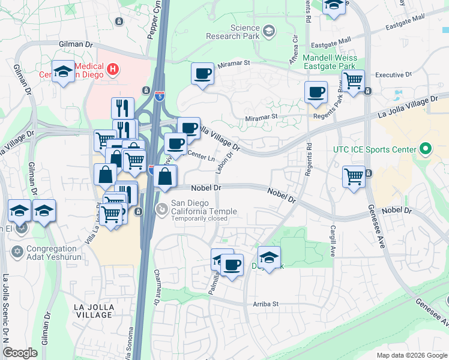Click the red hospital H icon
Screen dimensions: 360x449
tap(112, 71)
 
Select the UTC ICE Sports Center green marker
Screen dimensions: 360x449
tap(426, 148)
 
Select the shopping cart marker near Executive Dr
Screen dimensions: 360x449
tap(354, 80)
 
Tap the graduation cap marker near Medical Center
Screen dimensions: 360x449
tap(63, 72)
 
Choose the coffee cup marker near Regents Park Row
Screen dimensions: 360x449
tap(316, 92)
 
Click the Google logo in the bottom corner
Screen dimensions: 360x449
tap(20, 353)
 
